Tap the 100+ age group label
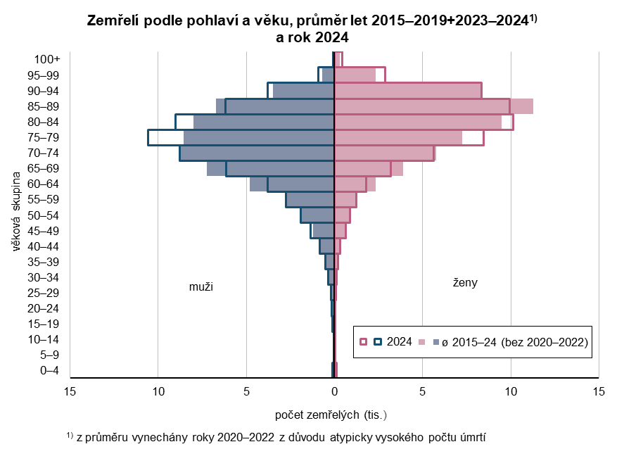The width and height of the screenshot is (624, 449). point(48,60)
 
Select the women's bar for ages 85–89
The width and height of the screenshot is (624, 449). point(422,106)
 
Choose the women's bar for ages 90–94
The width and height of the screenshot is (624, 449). point(408,91)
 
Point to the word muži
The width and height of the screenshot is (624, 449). point(200,287)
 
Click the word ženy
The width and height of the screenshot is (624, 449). point(465,283)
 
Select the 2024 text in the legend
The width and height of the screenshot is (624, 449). point(400,342)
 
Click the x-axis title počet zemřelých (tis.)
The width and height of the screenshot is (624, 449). point(331,414)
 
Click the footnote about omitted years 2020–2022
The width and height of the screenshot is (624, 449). point(281,437)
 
